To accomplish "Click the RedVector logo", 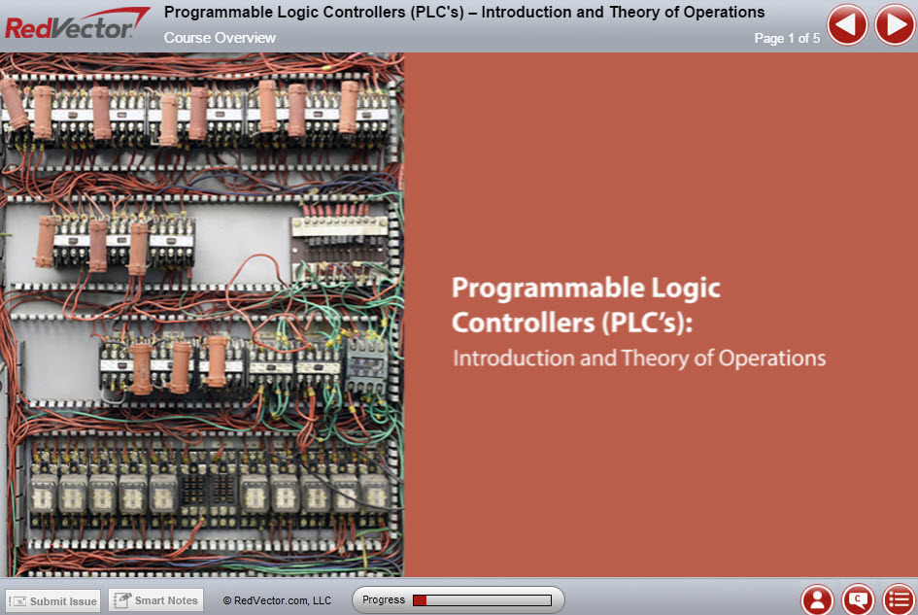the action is [x=76, y=24].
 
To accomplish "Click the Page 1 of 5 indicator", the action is [x=787, y=38].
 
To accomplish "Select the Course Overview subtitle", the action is [x=220, y=38].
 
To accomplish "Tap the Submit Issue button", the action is [x=53, y=601].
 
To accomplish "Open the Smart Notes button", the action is [x=155, y=600].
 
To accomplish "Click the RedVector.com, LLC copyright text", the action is [x=277, y=600].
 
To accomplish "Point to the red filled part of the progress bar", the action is [x=420, y=600].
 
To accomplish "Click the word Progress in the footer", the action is [x=384, y=599].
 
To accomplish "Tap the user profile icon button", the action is [x=817, y=599].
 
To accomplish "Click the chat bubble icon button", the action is [x=858, y=599].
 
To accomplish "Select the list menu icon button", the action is [x=899, y=599].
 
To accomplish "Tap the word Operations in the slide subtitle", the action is [x=772, y=359].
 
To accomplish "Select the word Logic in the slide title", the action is [x=686, y=290].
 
